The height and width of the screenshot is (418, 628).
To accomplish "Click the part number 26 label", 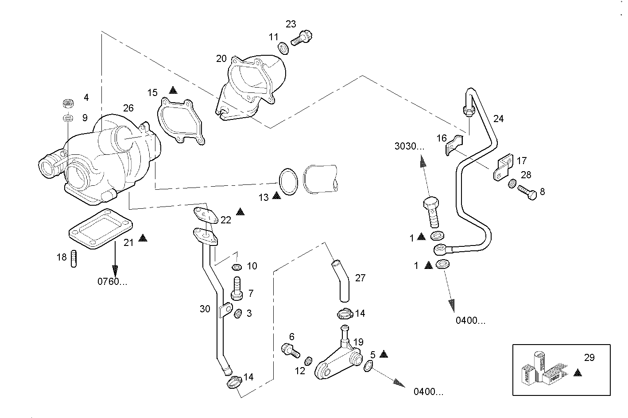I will (x=128, y=108).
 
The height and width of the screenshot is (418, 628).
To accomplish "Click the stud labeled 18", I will (x=74, y=259).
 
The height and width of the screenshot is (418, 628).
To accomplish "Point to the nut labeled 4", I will (x=68, y=104).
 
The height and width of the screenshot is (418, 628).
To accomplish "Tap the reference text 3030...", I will (x=409, y=146).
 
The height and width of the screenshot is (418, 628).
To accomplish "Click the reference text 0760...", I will (x=112, y=281).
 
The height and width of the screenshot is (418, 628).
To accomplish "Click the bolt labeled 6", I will (x=288, y=350).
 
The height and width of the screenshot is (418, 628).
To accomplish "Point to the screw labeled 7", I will (x=237, y=289).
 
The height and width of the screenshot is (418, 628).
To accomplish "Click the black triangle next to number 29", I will (x=577, y=373).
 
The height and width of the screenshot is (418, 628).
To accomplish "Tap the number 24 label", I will (x=498, y=119).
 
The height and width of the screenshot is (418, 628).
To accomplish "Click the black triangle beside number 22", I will (x=240, y=212).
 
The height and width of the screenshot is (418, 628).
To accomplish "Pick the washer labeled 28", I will (x=512, y=183).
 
